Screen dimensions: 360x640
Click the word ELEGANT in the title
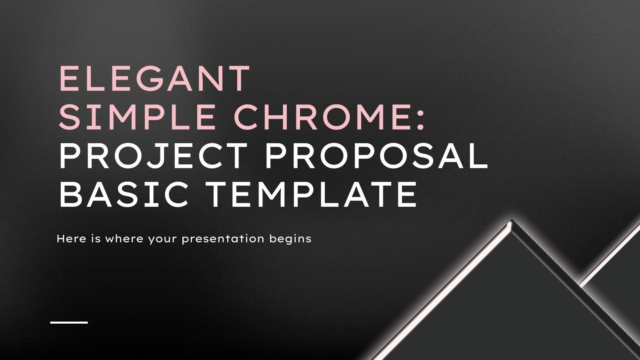click(x=154, y=78)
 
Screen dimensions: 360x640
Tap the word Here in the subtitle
click(x=70, y=239)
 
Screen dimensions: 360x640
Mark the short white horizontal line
click(x=69, y=322)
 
